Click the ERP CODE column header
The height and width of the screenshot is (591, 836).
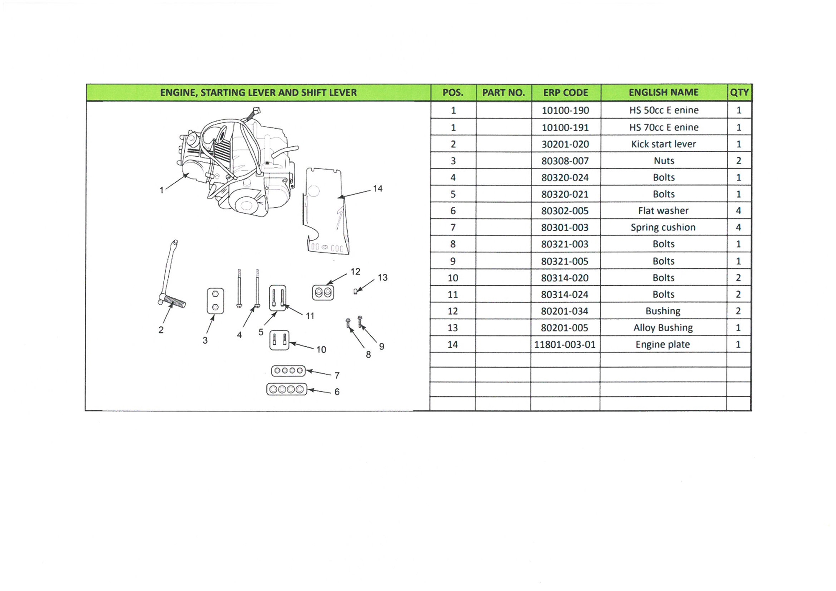coord(566,93)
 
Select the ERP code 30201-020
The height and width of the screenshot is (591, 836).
coord(565,144)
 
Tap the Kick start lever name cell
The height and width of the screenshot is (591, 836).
coord(663,144)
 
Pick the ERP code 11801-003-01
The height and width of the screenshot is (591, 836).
coord(565,344)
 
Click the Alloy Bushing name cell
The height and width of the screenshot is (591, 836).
coord(663,328)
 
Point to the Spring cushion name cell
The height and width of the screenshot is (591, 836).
coord(663,227)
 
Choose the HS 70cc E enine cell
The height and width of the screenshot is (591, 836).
coord(663,127)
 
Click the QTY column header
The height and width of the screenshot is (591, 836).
coord(739,93)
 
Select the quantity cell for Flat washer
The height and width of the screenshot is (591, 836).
coord(739,211)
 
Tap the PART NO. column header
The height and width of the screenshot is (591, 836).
coord(503,93)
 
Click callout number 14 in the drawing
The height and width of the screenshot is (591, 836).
coord(378,189)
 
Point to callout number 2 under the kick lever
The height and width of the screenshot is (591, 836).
coord(161,330)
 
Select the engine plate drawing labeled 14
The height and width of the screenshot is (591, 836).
coord(325,211)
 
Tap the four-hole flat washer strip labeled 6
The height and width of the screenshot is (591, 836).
coord(287,390)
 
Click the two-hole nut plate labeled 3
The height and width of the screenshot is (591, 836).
coord(215,301)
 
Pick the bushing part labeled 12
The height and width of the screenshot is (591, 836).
coord(323,293)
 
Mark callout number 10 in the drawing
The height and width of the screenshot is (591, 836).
coord(321,350)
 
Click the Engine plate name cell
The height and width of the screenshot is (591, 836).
coord(663,344)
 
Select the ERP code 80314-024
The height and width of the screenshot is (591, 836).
coord(565,295)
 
